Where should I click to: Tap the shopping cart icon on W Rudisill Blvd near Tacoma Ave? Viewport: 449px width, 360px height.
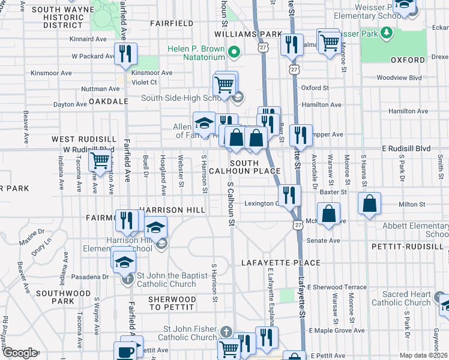100,160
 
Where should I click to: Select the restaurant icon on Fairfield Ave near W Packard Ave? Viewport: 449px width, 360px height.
126,54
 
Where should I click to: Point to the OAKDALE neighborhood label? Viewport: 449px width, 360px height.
109,101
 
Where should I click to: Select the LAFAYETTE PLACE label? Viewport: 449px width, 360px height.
281,263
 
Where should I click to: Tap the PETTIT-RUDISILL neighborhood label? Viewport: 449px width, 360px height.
414,246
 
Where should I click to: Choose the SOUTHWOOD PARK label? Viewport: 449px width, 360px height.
71,298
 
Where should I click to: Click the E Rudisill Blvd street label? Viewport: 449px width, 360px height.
406,148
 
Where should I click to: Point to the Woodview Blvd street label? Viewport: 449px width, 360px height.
399,78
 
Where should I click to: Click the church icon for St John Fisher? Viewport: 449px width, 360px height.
226,331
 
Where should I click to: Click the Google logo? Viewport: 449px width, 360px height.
19,353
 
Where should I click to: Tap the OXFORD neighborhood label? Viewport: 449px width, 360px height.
408,60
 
